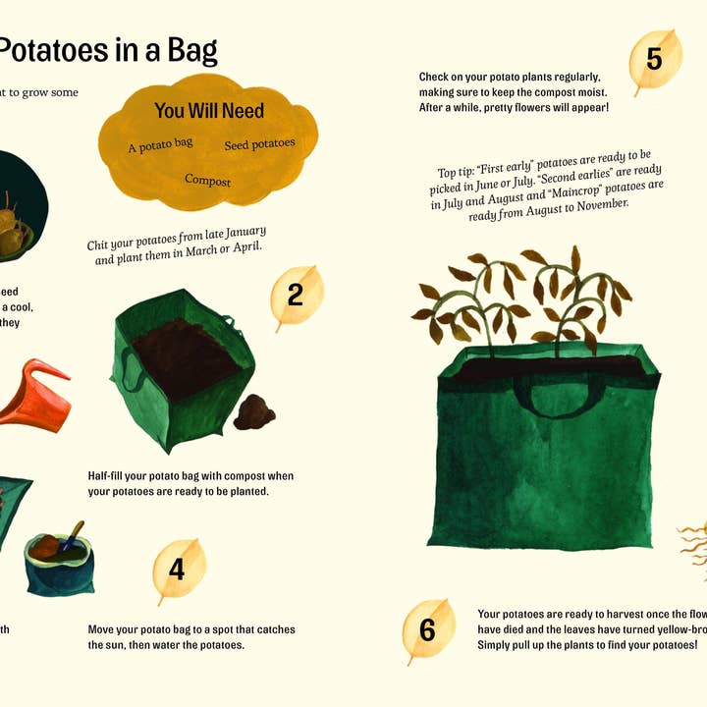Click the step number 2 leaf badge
coord(296,295)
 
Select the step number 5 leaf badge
coord(654,60)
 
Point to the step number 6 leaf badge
coord(427,629)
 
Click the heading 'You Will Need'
coord(209,111)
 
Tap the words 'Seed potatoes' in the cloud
coord(259,144)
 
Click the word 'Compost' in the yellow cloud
coord(207,181)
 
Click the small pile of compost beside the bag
coord(255,412)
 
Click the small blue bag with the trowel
coord(59,565)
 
